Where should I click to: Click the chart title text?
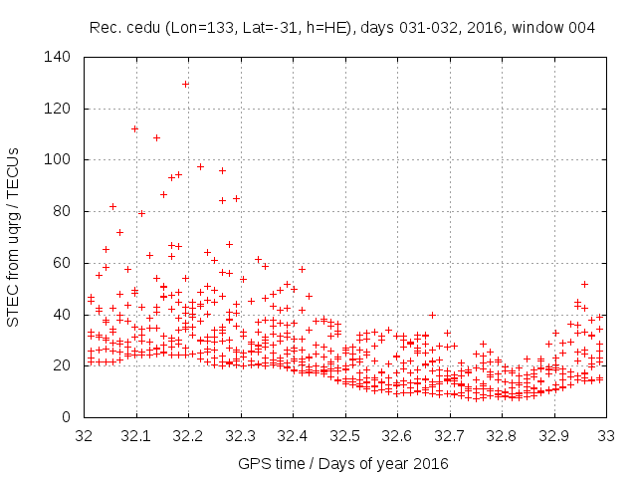point(342,28)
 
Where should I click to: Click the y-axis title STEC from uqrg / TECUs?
point(14,237)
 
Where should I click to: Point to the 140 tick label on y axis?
point(58,57)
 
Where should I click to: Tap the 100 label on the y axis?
point(58,159)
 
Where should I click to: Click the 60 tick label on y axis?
point(62,263)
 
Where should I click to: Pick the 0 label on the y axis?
point(66,417)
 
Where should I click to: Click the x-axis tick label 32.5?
point(344,435)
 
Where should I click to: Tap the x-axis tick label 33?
point(605,435)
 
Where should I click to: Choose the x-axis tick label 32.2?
point(188,435)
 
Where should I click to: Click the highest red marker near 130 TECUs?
point(185,84)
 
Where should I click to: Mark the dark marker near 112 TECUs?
point(134,128)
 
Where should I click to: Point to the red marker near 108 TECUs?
point(156,137)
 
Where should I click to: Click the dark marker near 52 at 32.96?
point(584,284)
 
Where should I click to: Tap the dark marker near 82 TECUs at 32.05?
point(112,206)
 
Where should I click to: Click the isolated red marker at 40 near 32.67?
point(432,315)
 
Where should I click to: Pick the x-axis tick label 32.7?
point(449,435)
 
